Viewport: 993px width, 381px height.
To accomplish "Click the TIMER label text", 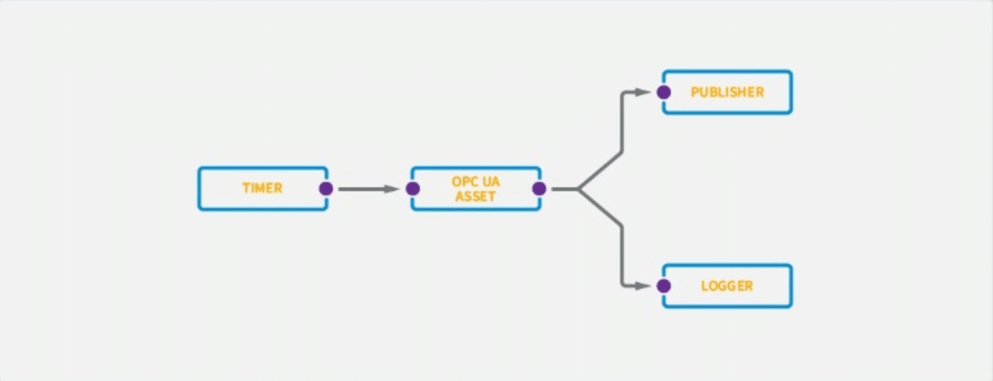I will [263, 189].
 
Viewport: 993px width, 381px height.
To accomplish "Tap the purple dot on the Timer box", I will [326, 189].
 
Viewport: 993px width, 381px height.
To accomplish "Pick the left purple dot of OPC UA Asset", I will [412, 189].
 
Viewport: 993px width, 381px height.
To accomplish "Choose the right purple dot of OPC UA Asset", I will [539, 189].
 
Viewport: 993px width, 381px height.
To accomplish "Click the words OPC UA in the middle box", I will [476, 181].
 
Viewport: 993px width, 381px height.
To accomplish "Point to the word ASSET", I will [476, 196].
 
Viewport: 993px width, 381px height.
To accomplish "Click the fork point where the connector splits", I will [578, 189].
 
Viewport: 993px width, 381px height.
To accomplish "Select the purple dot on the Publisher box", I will [664, 92].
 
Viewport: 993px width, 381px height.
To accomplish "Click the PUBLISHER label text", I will [727, 92].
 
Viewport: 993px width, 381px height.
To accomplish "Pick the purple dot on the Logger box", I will [664, 285].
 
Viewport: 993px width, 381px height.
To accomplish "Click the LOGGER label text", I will [727, 285].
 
